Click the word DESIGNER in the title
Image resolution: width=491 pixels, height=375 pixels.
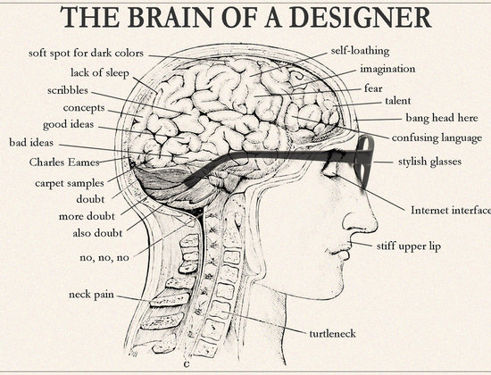point(360,17)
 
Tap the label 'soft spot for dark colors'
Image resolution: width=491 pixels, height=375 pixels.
point(86,54)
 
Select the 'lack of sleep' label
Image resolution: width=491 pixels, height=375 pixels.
point(100,72)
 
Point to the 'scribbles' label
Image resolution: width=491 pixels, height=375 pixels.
point(68,90)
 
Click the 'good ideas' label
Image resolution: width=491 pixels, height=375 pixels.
point(68,124)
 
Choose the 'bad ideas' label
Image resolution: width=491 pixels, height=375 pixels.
point(31,143)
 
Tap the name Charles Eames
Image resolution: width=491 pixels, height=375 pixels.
point(64,162)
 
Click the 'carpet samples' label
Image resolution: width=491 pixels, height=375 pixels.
point(70,183)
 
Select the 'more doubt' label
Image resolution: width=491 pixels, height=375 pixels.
point(87,216)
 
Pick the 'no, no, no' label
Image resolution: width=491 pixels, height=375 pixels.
point(104,258)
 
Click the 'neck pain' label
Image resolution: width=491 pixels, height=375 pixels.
point(91,295)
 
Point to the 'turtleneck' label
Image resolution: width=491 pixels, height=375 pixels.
point(333,333)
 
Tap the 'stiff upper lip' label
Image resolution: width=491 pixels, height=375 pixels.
point(409,246)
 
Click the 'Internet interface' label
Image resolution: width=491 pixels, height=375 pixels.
point(451,210)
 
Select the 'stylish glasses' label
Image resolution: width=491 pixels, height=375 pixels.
point(429,162)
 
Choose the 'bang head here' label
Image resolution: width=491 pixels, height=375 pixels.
point(442,118)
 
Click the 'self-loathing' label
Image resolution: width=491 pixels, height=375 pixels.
point(360,51)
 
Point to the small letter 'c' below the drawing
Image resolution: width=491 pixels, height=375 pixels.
point(187,364)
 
